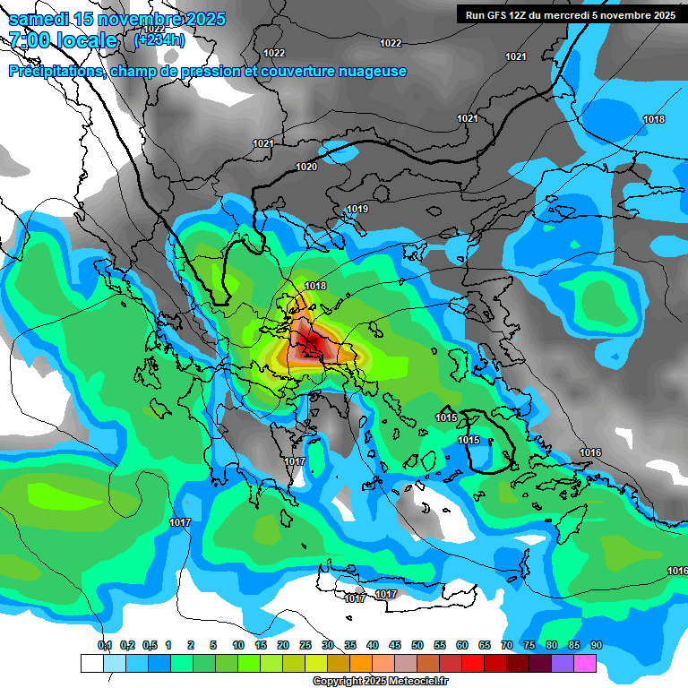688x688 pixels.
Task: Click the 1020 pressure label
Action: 306,167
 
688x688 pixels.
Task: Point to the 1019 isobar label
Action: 357,209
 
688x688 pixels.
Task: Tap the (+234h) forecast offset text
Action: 159,39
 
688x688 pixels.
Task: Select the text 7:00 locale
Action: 63,40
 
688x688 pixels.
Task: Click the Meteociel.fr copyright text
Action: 380,682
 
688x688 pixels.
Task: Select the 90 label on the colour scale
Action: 597,645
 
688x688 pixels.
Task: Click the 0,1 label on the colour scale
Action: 104,645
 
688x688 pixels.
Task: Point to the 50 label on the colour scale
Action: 417,645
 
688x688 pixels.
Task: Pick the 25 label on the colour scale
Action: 305,645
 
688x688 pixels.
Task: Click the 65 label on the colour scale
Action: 485,645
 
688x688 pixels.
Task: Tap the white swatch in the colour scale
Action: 91,663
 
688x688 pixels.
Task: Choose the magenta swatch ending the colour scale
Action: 585,663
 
